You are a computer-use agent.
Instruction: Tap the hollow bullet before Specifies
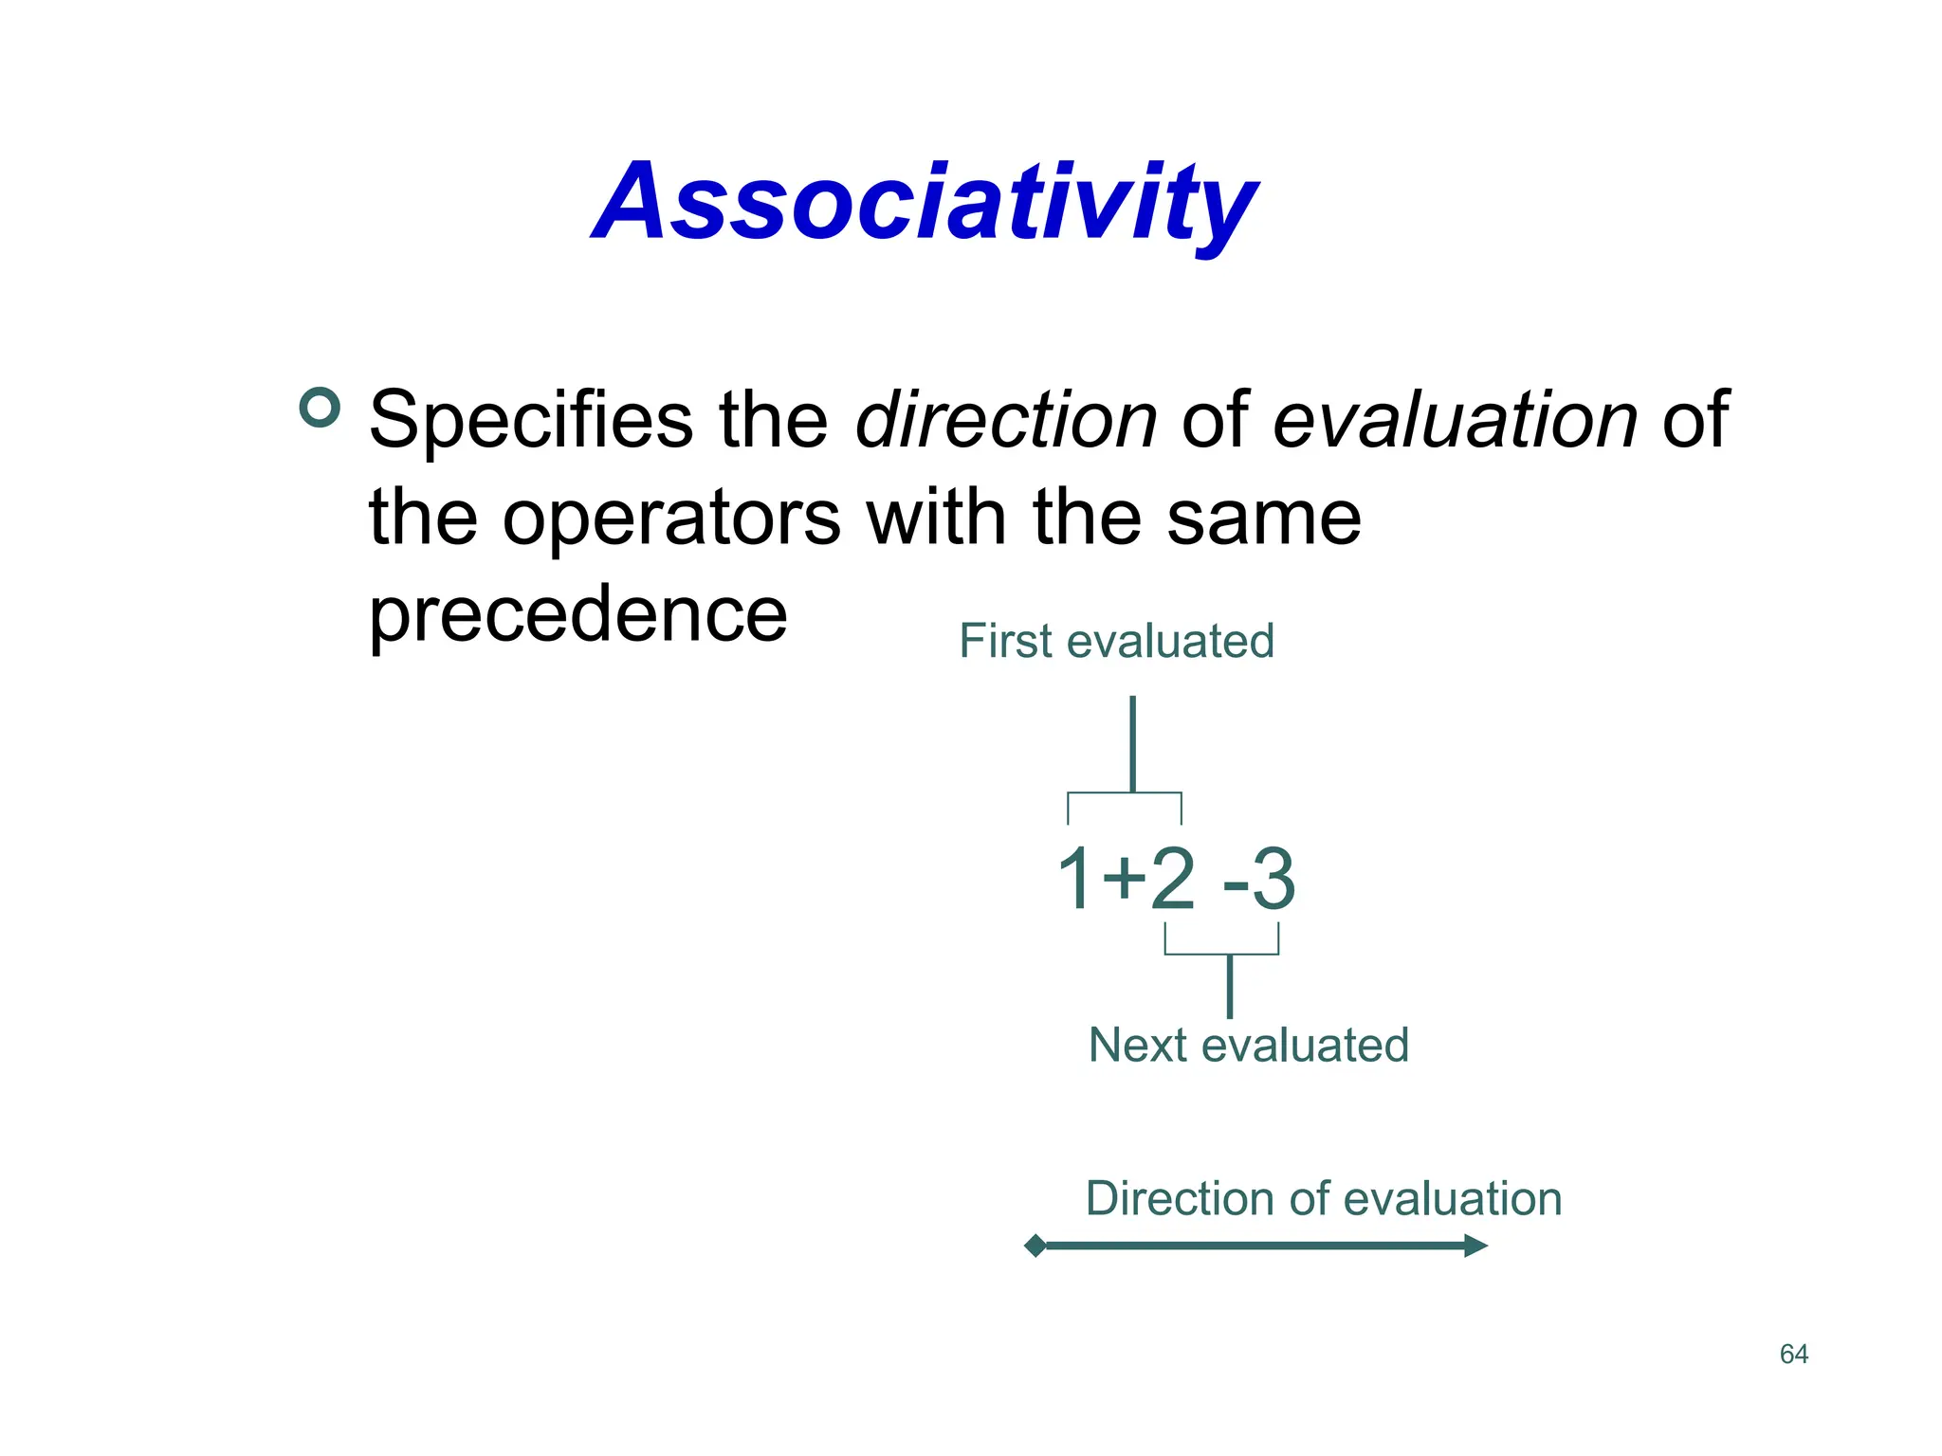click(x=320, y=408)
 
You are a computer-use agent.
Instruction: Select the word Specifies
click(x=531, y=420)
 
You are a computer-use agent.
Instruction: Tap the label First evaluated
click(x=1116, y=641)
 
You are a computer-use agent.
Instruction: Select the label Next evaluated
click(x=1248, y=1045)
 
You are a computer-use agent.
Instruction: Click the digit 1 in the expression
click(x=1074, y=880)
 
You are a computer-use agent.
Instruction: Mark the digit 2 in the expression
click(x=1173, y=880)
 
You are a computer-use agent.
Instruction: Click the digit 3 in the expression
click(x=1273, y=880)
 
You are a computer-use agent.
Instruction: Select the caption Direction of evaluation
click(x=1323, y=1198)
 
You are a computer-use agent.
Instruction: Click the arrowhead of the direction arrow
click(x=1475, y=1246)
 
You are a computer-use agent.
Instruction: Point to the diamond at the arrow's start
click(x=1035, y=1246)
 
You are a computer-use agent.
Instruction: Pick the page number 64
click(x=1794, y=1354)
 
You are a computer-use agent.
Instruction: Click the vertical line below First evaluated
click(x=1132, y=744)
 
